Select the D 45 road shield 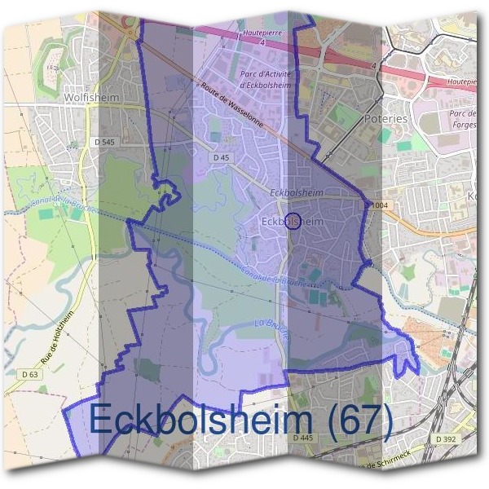tap(219, 156)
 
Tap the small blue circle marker tap(295, 220)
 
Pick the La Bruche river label tap(272, 325)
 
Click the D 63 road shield tap(30, 374)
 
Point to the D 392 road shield tap(447, 438)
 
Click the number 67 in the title tap(362, 421)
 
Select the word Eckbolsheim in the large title tap(201, 421)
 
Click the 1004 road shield tap(378, 205)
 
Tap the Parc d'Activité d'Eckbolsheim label tap(264, 77)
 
